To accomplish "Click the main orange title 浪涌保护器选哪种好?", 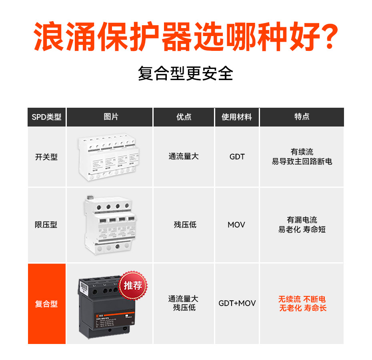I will (x=186, y=37).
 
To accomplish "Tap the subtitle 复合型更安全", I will (x=186, y=74).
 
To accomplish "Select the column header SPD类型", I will (x=46, y=117).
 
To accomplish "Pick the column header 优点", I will (x=184, y=117).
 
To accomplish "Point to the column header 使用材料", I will (x=237, y=117).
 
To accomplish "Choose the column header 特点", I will (x=302, y=117).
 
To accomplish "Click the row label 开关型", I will (x=46, y=157).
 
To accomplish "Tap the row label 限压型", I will (x=46, y=225).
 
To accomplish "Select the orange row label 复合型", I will (x=46, y=304).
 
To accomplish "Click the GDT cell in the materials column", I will (x=237, y=157).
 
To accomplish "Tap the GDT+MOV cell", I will (x=237, y=304).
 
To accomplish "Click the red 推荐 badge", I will (x=133, y=286).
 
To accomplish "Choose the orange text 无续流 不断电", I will (x=302, y=299).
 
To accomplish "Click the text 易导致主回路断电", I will (x=302, y=162).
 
